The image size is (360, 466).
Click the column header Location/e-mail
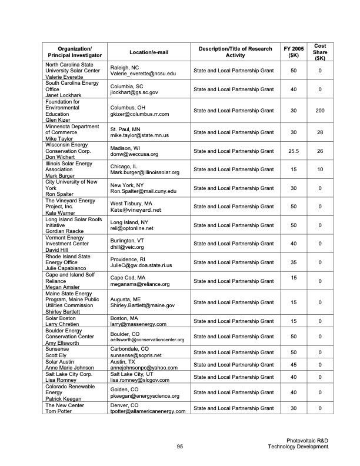pos(148,52)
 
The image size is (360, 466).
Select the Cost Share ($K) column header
pos(320,52)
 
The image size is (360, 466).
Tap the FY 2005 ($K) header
pos(293,52)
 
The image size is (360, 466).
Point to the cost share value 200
pos(320,111)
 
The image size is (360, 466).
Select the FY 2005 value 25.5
pos(293,151)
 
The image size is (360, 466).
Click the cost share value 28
pos(320,132)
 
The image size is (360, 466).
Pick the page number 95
pos(181,447)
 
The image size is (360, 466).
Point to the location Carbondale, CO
pos(133,349)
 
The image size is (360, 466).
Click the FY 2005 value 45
pos(293,364)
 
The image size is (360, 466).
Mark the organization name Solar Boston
pos(62,318)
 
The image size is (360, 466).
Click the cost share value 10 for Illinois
pos(320,169)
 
